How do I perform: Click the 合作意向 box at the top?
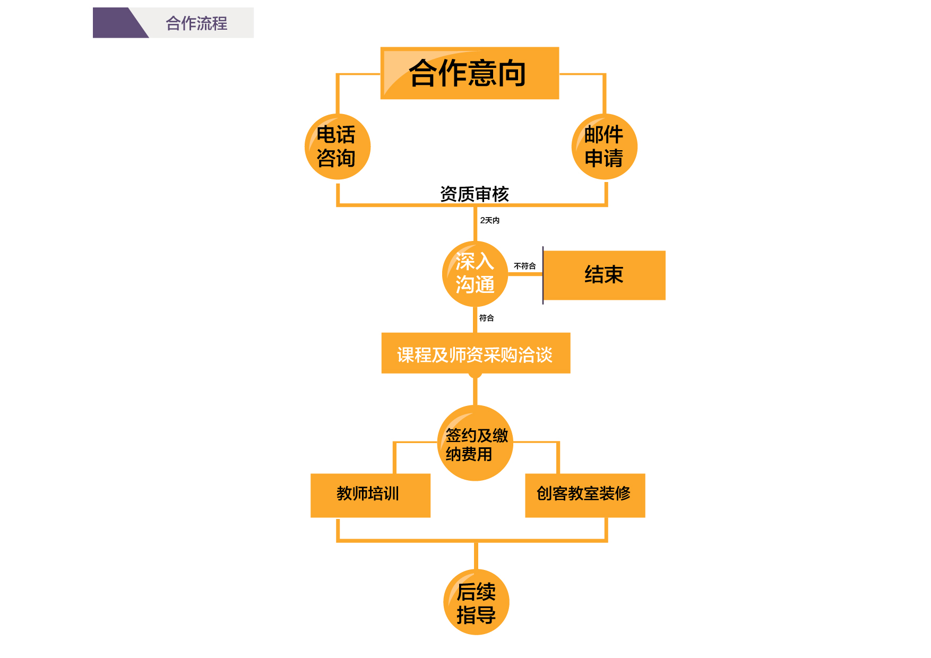pos(470,73)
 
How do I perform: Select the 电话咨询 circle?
pos(337,146)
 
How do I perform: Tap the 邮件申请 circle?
pos(604,146)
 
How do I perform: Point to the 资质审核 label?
pos(474,194)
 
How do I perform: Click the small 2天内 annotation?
pos(489,220)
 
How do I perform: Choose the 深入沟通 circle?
pos(475,274)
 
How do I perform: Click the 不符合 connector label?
pos(524,266)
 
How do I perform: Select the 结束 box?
pos(604,275)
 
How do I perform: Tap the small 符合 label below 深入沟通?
pos(486,318)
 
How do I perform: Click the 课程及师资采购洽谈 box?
pos(476,353)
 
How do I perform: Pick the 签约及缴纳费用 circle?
pos(475,444)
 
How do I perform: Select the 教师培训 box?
pos(370,495)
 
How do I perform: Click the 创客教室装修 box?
pos(585,495)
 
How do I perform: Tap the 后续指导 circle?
pos(476,602)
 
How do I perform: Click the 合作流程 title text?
pos(196,23)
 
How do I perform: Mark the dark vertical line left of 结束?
pos(542,275)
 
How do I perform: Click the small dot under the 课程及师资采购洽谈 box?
pos(475,375)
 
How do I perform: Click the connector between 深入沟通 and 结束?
pos(525,274)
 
